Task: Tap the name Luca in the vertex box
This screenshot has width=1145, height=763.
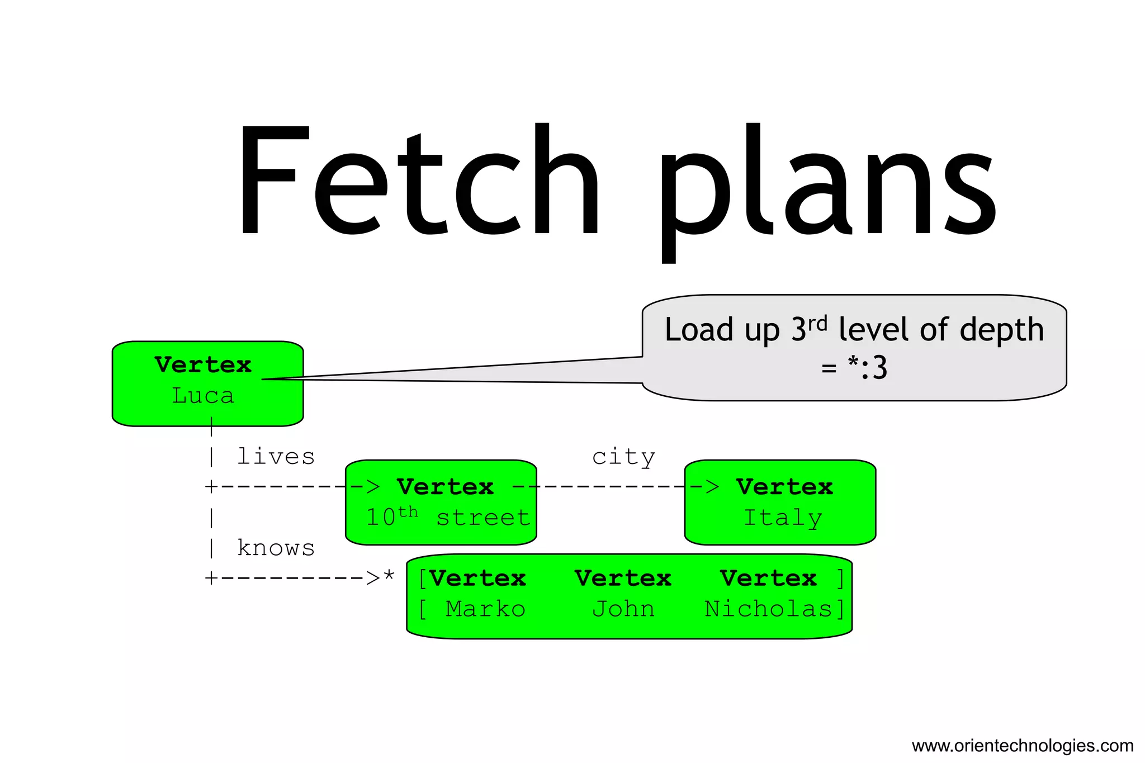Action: click(202, 396)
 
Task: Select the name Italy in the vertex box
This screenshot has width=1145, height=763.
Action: click(782, 518)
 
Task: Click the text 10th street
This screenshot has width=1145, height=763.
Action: click(447, 517)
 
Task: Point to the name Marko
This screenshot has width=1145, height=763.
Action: click(485, 609)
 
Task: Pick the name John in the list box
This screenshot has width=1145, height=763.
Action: click(623, 609)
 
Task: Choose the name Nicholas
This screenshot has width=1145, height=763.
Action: click(769, 609)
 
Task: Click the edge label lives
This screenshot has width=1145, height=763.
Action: click(276, 457)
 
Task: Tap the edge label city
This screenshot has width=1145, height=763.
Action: click(623, 457)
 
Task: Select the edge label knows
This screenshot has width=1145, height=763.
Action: click(276, 548)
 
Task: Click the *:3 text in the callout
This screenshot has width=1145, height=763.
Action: click(867, 368)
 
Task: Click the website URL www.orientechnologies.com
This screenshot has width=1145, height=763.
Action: click(1022, 746)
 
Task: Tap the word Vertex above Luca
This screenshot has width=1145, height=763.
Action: click(203, 365)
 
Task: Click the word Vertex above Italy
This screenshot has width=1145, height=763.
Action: click(784, 487)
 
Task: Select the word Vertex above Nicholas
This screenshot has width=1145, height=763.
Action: click(768, 579)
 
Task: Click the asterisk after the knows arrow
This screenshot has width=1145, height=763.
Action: click(389, 576)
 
